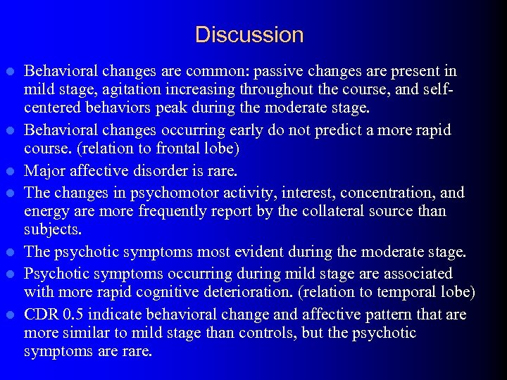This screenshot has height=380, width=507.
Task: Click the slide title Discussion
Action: pos(249,34)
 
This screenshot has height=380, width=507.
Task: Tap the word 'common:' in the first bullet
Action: pos(204,71)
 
